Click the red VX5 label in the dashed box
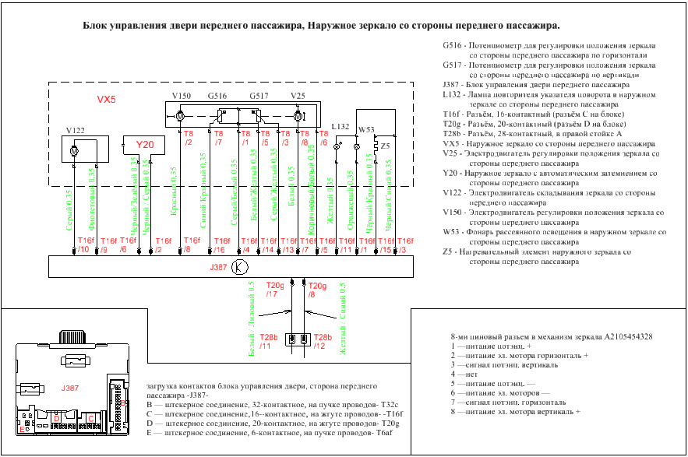point(106,100)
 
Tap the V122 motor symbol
point(74,149)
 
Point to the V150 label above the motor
point(181,97)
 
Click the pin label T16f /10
point(85,245)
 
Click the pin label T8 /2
point(189,138)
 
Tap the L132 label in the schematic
point(340,126)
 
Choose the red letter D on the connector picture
point(56,418)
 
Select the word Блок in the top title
point(98,26)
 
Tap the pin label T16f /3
point(405,245)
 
